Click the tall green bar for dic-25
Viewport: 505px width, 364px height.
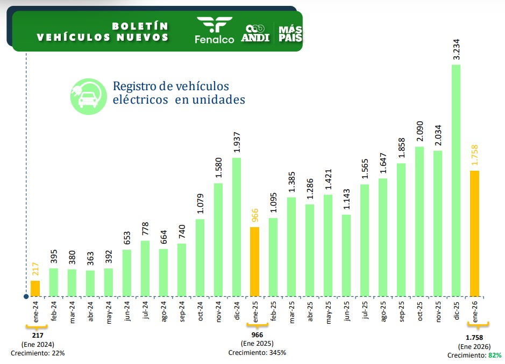(456, 180)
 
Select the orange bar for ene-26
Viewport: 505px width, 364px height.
(474, 234)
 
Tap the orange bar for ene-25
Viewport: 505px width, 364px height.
(254, 261)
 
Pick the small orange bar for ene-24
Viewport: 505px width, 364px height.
(35, 288)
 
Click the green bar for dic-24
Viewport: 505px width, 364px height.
(236, 227)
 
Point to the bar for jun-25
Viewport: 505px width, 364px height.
(346, 256)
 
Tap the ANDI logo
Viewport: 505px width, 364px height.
(255, 33)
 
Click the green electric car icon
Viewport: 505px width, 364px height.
(86, 96)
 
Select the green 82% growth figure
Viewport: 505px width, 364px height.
(495, 355)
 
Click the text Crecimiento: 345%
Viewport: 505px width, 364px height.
(257, 353)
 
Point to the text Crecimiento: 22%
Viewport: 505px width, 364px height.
(38, 353)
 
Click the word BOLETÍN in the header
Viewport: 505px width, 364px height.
(140, 26)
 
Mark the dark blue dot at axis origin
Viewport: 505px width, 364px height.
(26, 296)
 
